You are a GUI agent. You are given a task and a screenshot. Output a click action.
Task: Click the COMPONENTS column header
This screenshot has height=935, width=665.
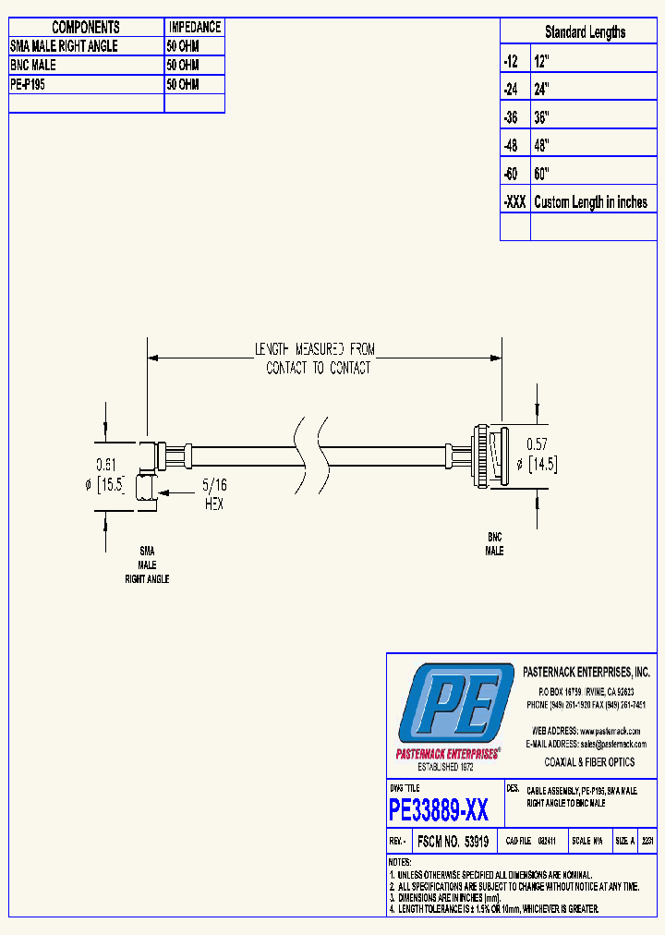click(x=86, y=28)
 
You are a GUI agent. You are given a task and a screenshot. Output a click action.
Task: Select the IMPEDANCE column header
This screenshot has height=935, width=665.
click(x=194, y=28)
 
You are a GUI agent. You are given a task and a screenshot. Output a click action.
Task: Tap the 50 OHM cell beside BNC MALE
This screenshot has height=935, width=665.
click(x=183, y=66)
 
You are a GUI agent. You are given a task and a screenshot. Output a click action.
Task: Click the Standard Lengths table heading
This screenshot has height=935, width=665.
click(x=585, y=32)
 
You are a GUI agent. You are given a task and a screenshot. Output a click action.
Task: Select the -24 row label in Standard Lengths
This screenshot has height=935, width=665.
click(x=512, y=90)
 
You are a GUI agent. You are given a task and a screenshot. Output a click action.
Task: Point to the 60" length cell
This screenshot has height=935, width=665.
click(x=542, y=174)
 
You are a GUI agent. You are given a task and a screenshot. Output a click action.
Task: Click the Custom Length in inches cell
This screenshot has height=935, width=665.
click(x=590, y=202)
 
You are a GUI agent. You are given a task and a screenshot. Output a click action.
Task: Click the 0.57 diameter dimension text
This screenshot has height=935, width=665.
click(x=537, y=443)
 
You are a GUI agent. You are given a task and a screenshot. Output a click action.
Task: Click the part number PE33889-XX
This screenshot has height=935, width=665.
click(x=439, y=811)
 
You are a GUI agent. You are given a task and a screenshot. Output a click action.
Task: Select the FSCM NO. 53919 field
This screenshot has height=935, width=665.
click(x=453, y=842)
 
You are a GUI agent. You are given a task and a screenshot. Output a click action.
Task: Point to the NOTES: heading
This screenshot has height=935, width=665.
click(x=401, y=861)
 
